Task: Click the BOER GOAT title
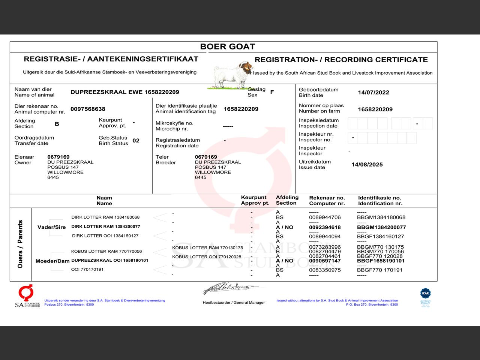[227, 47]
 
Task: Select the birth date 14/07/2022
[373, 93]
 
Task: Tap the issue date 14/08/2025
[367, 165]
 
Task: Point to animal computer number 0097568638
[88, 109]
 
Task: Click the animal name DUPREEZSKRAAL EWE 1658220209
[124, 92]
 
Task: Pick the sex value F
[272, 92]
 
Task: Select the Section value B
[57, 124]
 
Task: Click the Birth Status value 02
[136, 141]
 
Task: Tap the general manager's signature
[230, 288]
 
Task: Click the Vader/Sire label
[51, 227]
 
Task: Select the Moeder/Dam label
[52, 261]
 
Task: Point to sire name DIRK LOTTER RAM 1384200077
[106, 226]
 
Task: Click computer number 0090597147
[325, 261]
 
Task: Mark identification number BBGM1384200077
[381, 227]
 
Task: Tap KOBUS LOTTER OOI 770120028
[207, 257]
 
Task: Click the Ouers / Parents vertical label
[20, 244]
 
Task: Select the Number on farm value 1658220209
[375, 109]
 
